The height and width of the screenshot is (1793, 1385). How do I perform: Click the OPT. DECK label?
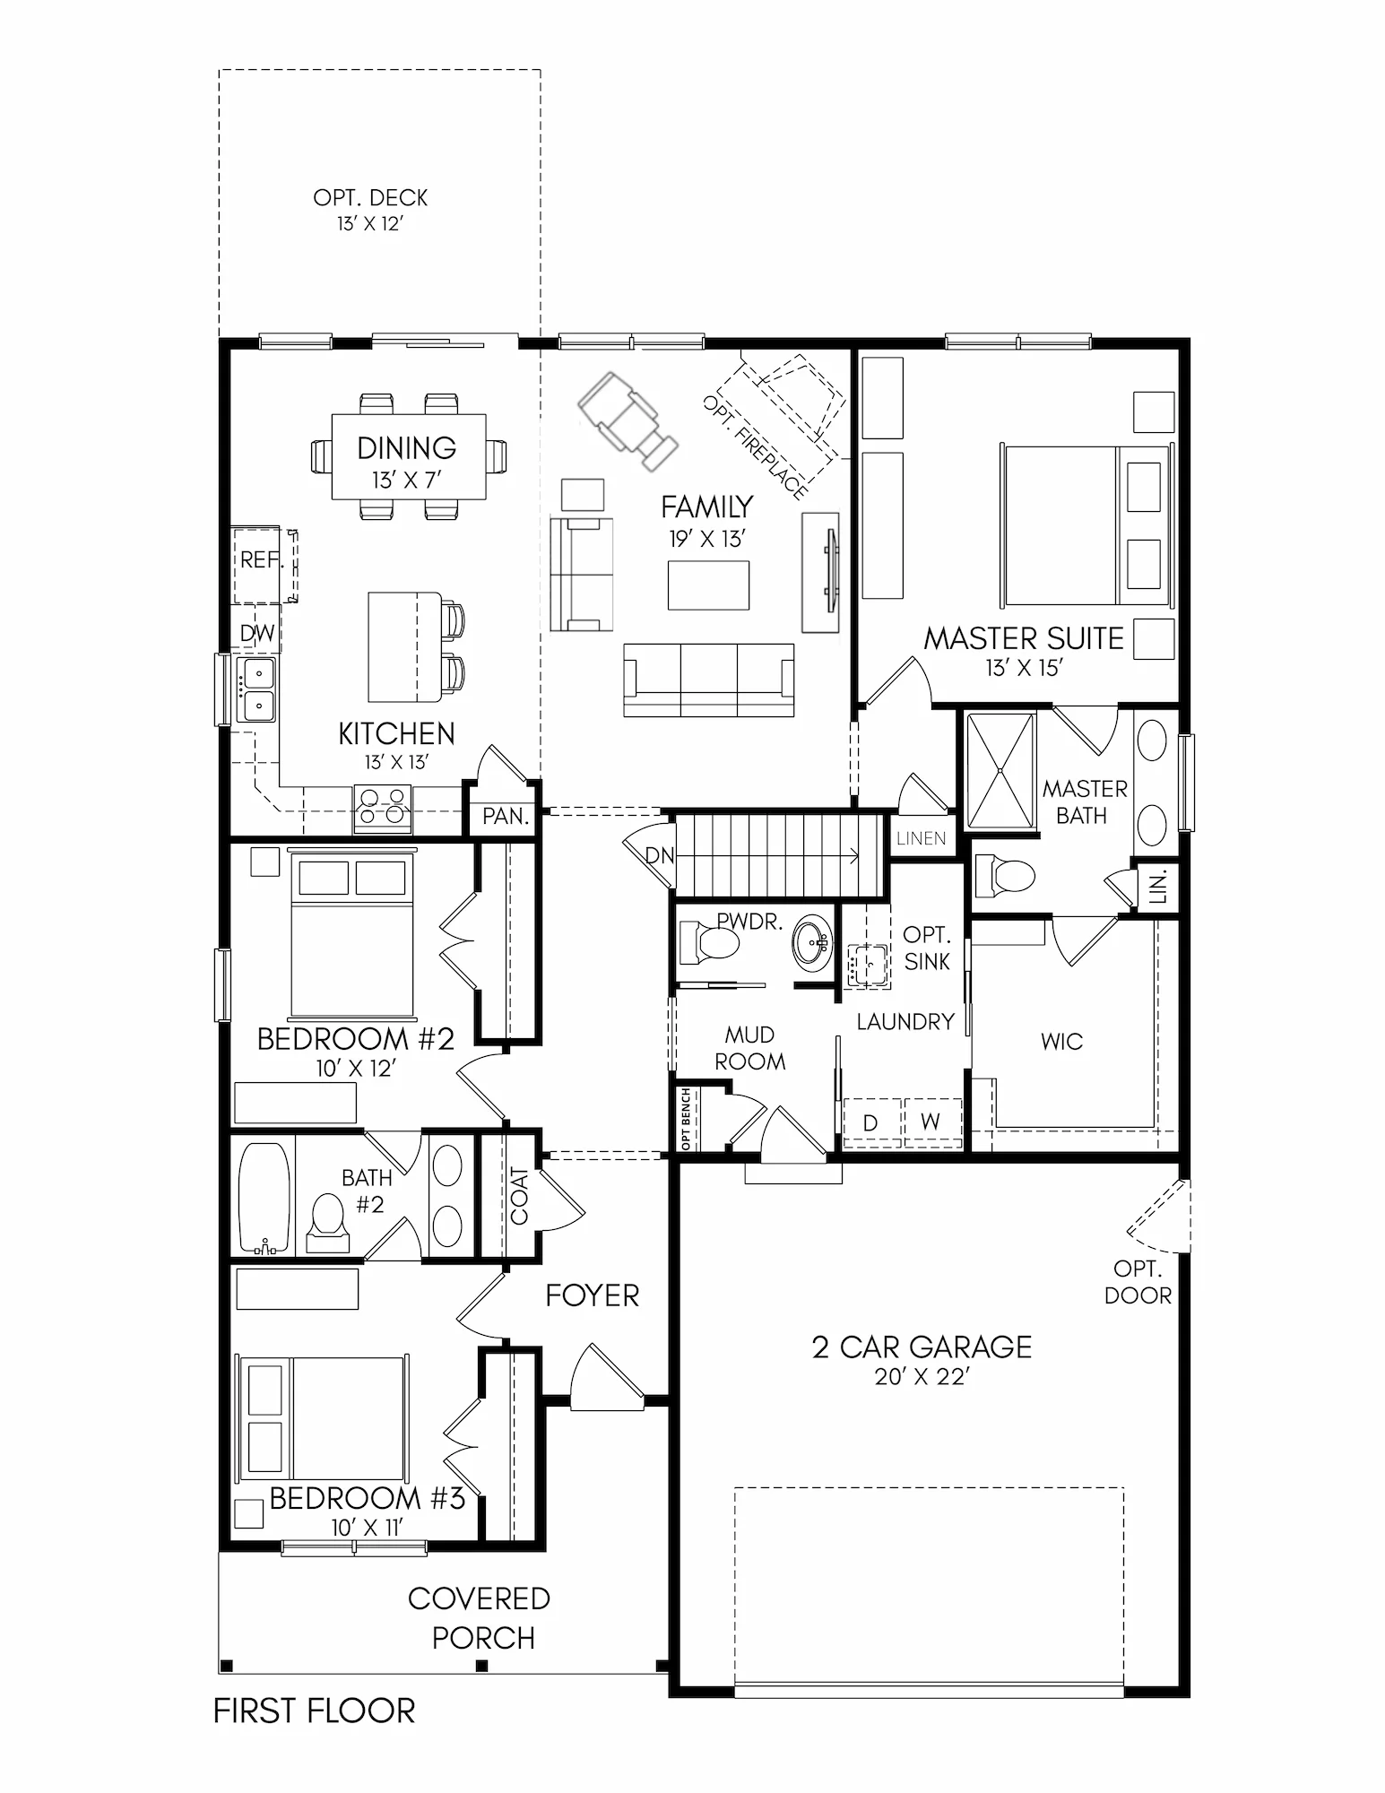pos(370,198)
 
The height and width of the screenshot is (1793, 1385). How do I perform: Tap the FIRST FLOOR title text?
pos(315,1711)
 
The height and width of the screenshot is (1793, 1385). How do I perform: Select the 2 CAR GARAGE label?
pos(922,1347)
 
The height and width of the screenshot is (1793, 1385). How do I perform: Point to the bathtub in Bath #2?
pos(265,1198)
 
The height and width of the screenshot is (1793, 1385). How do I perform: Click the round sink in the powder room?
pos(814,941)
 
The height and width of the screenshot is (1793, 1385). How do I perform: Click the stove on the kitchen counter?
pos(383,808)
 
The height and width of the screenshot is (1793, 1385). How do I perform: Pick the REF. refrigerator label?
pos(262,559)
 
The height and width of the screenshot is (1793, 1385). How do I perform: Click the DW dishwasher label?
pos(257,634)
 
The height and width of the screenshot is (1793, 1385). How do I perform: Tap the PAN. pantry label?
pos(506,817)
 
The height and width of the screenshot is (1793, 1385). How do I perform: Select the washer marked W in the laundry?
pos(931,1122)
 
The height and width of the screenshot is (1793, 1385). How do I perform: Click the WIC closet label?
pos(1062,1042)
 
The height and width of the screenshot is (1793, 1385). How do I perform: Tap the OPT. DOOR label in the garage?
pos(1138,1282)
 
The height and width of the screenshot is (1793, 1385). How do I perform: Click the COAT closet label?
pos(519,1196)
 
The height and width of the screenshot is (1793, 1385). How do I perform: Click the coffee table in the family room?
pos(708,585)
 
